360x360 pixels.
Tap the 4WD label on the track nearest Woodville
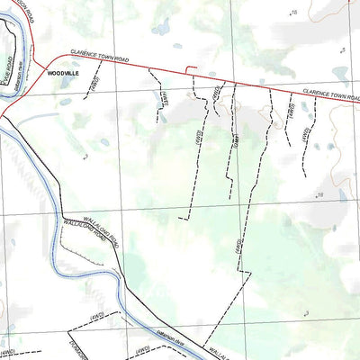(95, 84)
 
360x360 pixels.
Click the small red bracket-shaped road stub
(190, 70)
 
